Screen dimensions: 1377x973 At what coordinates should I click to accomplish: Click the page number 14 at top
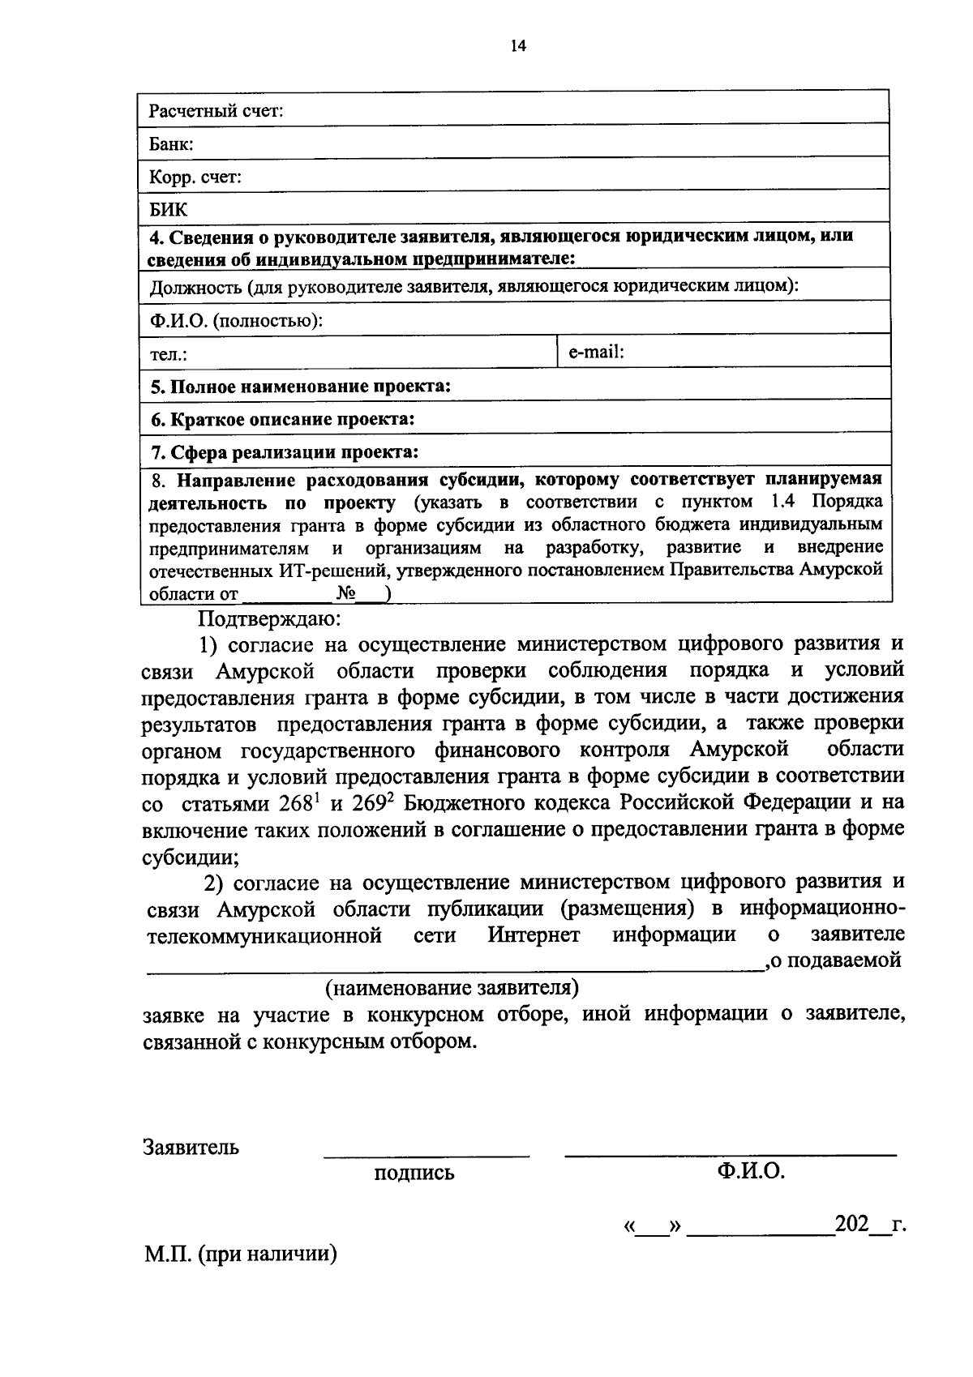coord(517,46)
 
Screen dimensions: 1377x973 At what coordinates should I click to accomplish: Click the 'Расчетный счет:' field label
coord(216,111)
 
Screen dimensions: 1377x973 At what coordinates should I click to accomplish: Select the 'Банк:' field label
coord(171,145)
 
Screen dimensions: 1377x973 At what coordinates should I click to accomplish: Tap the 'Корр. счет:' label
coord(195,177)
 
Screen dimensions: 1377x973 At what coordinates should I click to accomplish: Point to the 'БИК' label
coord(169,210)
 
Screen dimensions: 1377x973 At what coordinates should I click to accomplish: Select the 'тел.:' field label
coord(169,355)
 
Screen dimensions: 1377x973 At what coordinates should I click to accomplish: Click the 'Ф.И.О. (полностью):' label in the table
coord(237,321)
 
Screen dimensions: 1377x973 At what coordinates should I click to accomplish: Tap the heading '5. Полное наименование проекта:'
coord(301,387)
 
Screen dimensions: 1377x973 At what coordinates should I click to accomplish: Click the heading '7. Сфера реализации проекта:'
coord(285,451)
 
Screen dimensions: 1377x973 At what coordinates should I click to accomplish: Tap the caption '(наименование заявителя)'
coord(452,988)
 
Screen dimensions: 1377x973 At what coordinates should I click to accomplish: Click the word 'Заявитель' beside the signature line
coord(191,1148)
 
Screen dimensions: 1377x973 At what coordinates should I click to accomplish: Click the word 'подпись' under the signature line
coord(414,1173)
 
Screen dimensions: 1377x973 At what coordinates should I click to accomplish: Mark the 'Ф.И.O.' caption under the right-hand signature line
coord(750,1171)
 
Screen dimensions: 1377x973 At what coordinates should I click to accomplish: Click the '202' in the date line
coord(851,1224)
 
